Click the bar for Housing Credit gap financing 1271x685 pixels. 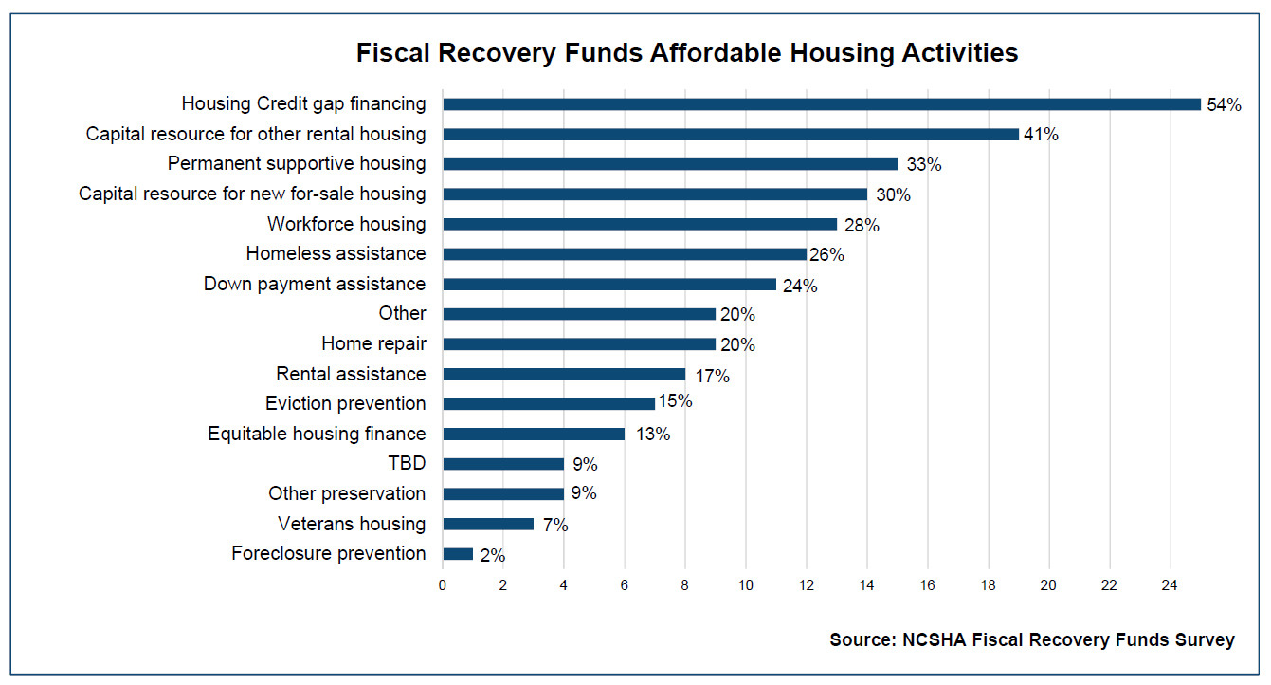click(821, 104)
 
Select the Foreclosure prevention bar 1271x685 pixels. click(458, 554)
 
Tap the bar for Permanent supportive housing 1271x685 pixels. click(669, 164)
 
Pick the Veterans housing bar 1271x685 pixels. click(488, 524)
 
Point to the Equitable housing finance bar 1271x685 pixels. click(534, 434)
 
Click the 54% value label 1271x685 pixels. click(1224, 105)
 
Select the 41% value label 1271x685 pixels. click(1041, 135)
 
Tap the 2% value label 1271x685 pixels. click(493, 555)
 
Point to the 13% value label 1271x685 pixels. click(652, 435)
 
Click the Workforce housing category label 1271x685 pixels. click(346, 224)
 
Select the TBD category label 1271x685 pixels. click(408, 464)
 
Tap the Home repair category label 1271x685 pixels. click(373, 343)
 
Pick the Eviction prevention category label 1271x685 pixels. click(345, 403)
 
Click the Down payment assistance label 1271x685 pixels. click(315, 284)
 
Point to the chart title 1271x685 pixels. click(687, 53)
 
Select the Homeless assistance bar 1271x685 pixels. click(624, 254)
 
